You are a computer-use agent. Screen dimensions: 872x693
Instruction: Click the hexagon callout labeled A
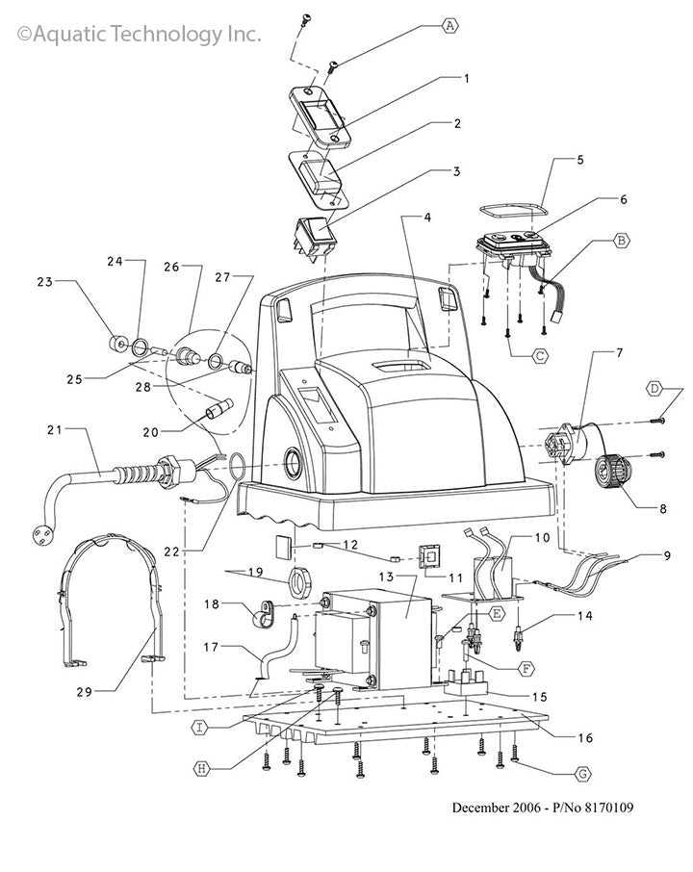pyautogui.click(x=449, y=27)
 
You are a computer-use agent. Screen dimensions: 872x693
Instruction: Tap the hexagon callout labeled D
pyautogui.click(x=654, y=388)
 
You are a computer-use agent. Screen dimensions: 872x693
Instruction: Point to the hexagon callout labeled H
pyautogui.click(x=201, y=767)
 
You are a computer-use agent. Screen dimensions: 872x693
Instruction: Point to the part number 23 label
pyautogui.click(x=43, y=282)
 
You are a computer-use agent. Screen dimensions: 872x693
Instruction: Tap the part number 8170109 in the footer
pyautogui.click(x=603, y=808)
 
